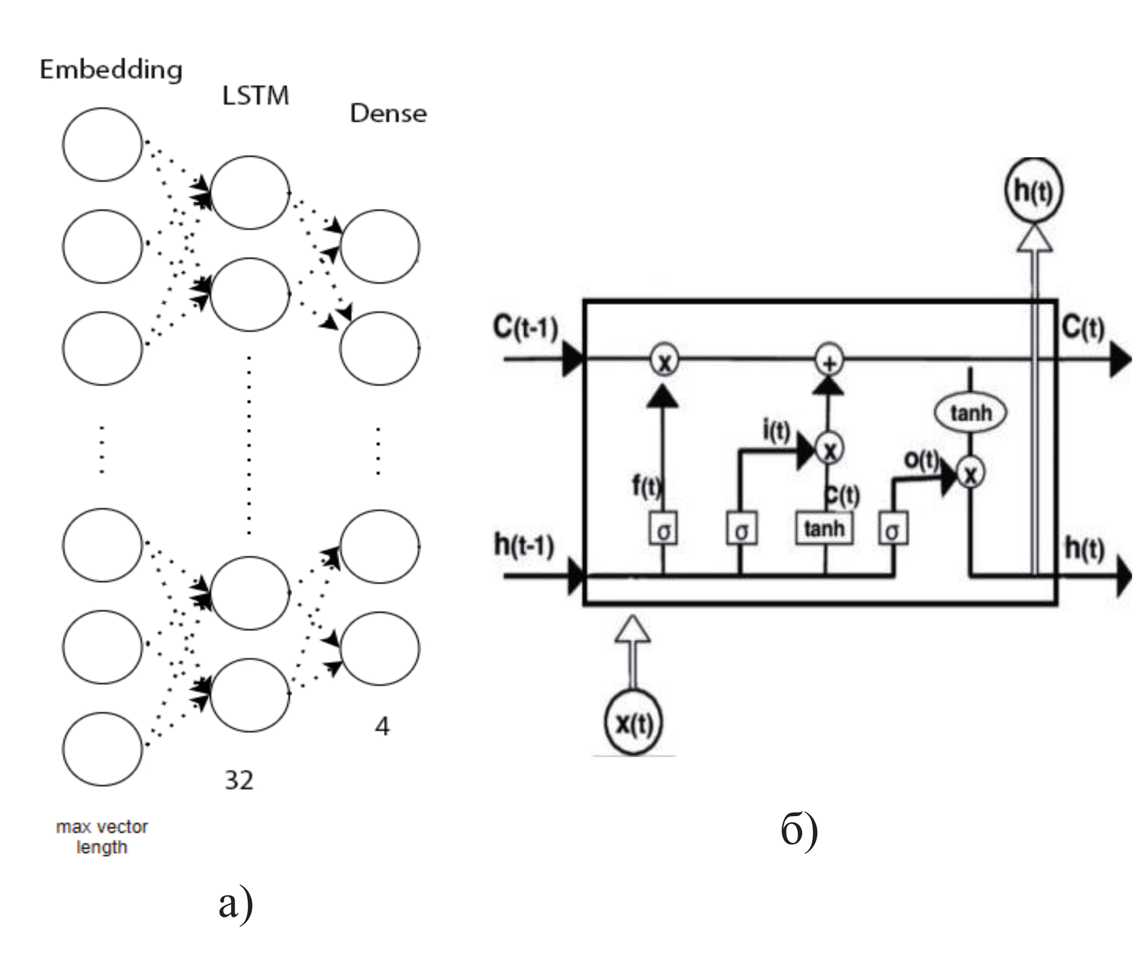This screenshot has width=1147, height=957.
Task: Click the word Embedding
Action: click(x=111, y=70)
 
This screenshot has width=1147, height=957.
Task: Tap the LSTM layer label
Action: click(x=256, y=96)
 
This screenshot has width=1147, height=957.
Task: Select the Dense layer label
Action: click(x=388, y=114)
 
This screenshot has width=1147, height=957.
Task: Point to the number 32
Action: click(x=239, y=781)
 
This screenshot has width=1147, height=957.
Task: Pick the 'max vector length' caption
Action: click(x=102, y=837)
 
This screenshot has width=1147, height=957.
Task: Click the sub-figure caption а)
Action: click(x=235, y=904)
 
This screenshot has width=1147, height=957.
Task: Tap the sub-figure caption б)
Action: click(x=799, y=829)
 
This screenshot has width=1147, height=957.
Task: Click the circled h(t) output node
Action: click(x=1033, y=191)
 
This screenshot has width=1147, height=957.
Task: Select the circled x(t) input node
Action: click(x=633, y=723)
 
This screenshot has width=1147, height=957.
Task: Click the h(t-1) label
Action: click(x=524, y=545)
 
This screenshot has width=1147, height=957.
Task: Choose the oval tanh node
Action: click(x=971, y=413)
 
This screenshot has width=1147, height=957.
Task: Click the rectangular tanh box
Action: click(x=824, y=529)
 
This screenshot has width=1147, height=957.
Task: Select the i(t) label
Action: click(x=777, y=431)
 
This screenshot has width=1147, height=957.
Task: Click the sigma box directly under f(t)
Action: click(x=663, y=529)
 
